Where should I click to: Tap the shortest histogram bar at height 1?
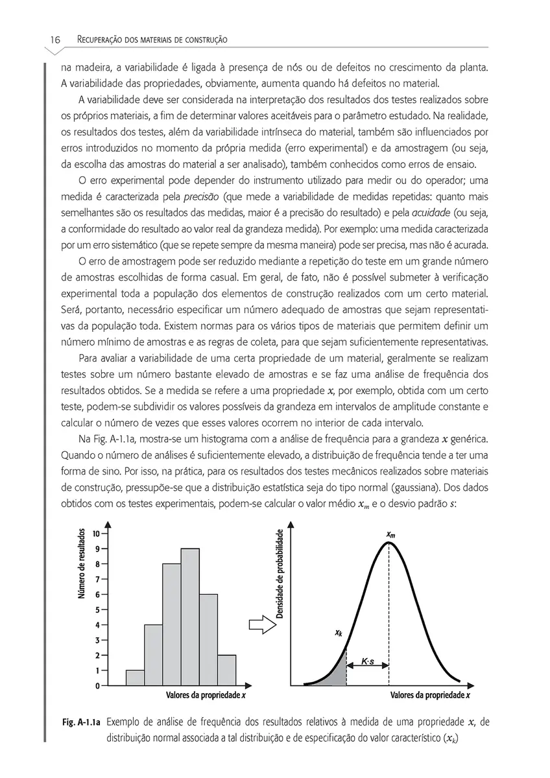[135, 678]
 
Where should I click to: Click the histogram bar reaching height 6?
[208, 639]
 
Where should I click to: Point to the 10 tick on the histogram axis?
[95, 534]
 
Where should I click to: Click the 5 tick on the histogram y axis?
[97, 609]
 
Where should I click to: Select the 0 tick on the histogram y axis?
[97, 685]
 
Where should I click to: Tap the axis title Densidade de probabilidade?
[280, 574]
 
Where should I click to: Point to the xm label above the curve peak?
[390, 534]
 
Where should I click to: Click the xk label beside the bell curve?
[339, 633]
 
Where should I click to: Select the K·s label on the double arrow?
[366, 663]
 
